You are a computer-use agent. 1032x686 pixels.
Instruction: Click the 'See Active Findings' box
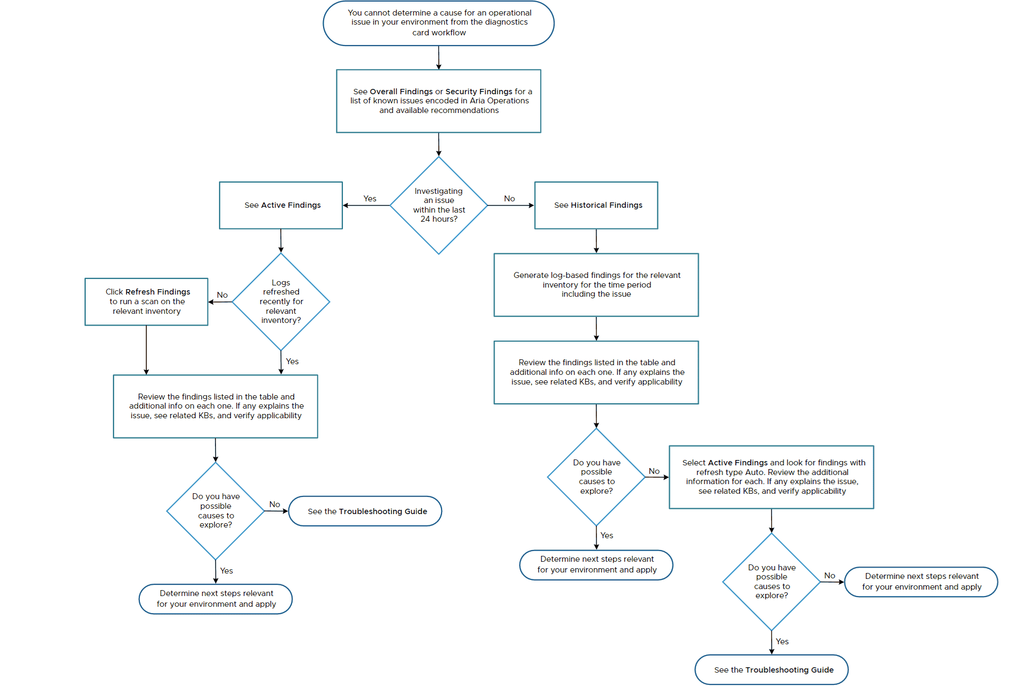click(281, 205)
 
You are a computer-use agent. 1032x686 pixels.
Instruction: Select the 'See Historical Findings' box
click(596, 205)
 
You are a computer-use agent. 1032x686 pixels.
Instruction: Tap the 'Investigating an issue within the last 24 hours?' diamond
click(438, 205)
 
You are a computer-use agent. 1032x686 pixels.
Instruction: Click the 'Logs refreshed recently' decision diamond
click(281, 301)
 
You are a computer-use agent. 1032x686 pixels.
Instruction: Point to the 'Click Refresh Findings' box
click(146, 301)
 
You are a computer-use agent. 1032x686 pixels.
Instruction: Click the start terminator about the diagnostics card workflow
click(438, 23)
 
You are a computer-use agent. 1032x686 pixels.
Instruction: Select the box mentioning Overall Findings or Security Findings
click(438, 101)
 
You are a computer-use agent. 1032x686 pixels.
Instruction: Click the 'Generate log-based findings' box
click(596, 284)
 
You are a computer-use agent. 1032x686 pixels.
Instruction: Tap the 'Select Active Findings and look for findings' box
click(771, 477)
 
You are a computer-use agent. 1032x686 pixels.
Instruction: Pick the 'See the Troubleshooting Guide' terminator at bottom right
click(771, 669)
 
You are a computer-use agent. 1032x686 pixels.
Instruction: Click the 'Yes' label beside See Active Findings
click(370, 199)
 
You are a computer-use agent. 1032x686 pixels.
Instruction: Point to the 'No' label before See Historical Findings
click(509, 199)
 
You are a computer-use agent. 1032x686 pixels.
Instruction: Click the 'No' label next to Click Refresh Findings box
click(222, 295)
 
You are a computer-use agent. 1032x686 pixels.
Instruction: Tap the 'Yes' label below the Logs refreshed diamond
click(292, 361)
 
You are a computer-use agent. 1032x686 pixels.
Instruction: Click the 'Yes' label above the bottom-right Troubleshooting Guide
click(782, 642)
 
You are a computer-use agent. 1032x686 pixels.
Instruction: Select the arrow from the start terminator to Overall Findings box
click(438, 57)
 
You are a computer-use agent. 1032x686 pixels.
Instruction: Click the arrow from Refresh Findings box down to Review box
click(146, 350)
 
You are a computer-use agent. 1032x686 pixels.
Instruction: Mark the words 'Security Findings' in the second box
click(478, 92)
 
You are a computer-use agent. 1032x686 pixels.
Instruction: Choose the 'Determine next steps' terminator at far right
click(921, 582)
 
